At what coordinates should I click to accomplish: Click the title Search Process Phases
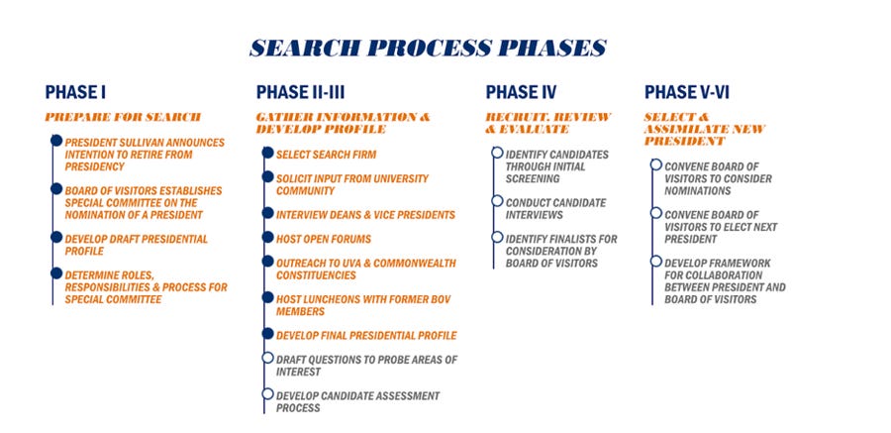(x=428, y=48)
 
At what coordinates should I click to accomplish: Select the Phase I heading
(x=75, y=92)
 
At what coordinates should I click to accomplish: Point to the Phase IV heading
(x=521, y=92)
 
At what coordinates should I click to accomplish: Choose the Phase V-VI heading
(x=684, y=92)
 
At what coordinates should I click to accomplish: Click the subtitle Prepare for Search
(x=123, y=117)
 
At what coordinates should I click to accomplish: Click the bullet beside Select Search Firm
(x=267, y=154)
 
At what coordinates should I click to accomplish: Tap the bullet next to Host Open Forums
(x=267, y=238)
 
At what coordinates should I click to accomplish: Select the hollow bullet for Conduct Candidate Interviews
(x=497, y=201)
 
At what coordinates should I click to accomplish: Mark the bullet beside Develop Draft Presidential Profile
(x=56, y=238)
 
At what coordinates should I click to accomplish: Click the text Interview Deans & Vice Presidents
(x=365, y=214)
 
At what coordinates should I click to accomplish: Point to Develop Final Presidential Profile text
(x=366, y=335)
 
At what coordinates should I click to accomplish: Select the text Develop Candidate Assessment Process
(x=357, y=401)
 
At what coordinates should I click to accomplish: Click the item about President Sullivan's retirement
(x=145, y=155)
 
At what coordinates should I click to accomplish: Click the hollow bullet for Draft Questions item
(x=267, y=358)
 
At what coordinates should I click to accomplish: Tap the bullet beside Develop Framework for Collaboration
(x=655, y=261)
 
